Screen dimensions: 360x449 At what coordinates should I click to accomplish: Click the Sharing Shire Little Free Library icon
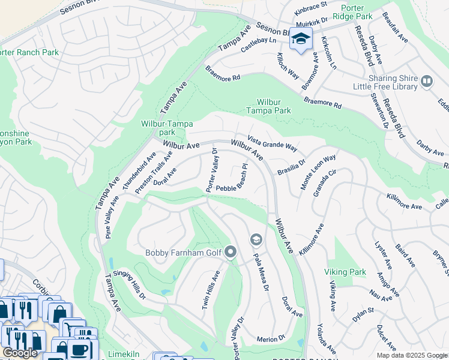point(427,81)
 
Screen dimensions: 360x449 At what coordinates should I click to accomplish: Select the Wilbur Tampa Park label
point(269,106)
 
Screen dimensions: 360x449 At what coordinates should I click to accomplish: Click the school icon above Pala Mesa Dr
point(256,240)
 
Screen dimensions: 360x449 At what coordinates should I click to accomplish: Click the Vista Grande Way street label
point(273,142)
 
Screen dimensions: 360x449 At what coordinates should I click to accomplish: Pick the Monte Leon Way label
point(318,172)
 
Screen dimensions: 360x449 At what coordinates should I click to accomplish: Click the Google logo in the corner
point(20,353)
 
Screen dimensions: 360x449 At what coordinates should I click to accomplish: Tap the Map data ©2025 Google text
point(412,355)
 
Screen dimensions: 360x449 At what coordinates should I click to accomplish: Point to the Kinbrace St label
point(311,8)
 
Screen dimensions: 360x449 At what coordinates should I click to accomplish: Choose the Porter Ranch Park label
point(29,52)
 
